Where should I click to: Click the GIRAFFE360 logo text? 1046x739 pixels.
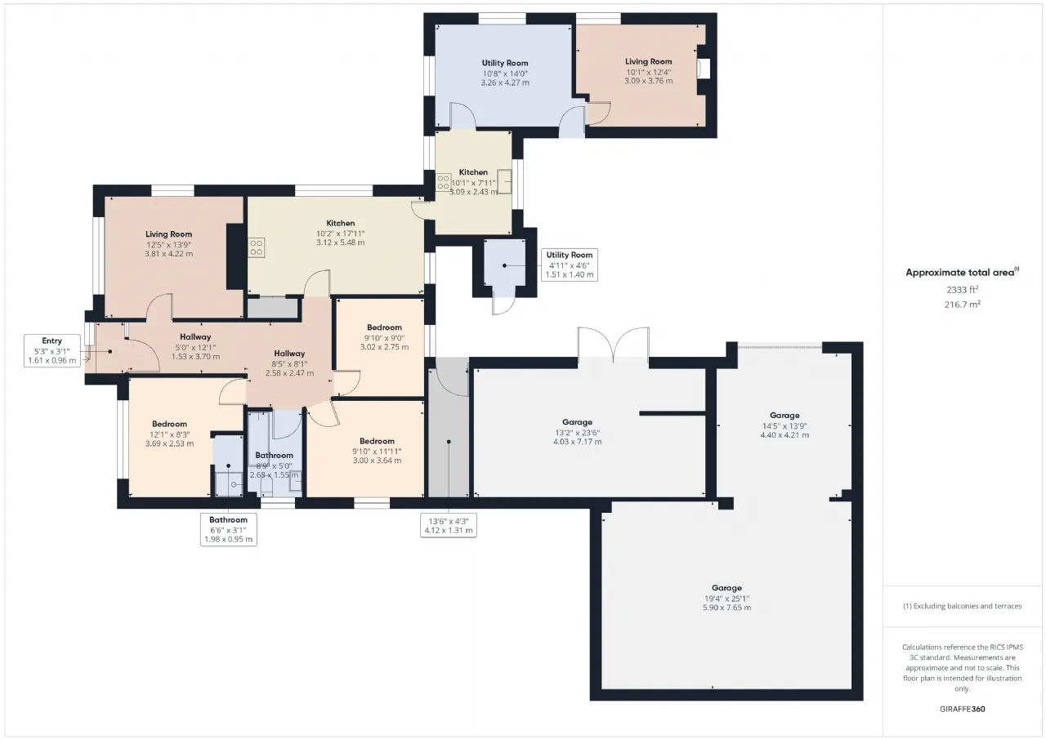click(x=962, y=709)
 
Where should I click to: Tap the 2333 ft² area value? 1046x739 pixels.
click(x=962, y=289)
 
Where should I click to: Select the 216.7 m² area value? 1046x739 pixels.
click(x=962, y=305)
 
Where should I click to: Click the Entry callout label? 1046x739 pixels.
click(x=51, y=350)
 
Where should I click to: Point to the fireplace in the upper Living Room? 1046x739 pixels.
click(x=703, y=68)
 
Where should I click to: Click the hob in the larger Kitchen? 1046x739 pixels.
click(x=256, y=247)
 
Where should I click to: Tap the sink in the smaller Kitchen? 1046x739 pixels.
click(x=504, y=181)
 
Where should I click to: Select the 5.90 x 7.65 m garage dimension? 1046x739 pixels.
click(x=726, y=608)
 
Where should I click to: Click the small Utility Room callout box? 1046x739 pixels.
click(x=570, y=265)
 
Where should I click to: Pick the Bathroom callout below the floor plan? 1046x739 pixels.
click(x=228, y=529)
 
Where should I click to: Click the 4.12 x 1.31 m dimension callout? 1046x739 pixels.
click(x=449, y=525)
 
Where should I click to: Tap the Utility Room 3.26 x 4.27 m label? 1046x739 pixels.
click(x=505, y=73)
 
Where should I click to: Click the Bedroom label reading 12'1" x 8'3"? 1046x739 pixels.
click(x=169, y=434)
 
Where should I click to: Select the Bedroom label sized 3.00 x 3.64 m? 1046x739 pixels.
click(x=377, y=451)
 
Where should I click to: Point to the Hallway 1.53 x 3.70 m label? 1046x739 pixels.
click(x=195, y=347)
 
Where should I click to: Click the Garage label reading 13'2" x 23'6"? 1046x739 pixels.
click(x=577, y=432)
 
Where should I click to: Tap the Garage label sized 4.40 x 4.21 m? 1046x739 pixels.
click(x=784, y=425)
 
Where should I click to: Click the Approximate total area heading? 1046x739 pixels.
click(x=962, y=273)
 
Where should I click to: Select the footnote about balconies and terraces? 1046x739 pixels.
click(x=962, y=606)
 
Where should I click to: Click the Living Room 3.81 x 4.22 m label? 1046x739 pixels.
click(x=168, y=244)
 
